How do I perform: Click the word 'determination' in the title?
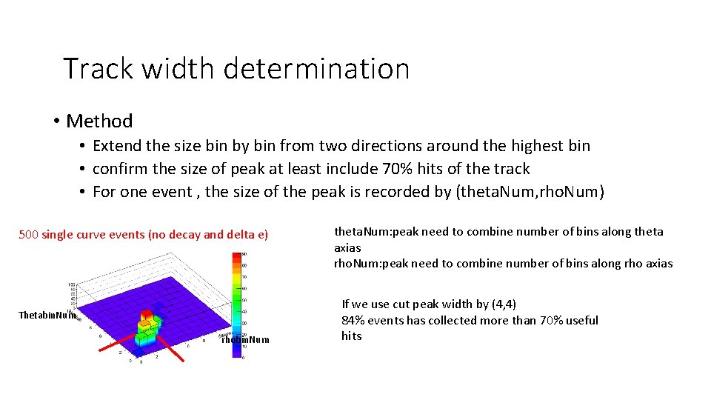316,69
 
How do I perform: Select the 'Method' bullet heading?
99,121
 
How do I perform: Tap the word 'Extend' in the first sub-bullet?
118,146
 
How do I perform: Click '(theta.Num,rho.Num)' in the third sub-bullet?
530,192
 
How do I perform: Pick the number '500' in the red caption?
28,235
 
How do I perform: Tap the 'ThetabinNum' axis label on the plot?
46,316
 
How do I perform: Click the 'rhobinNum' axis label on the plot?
245,339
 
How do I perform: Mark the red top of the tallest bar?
147,314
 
